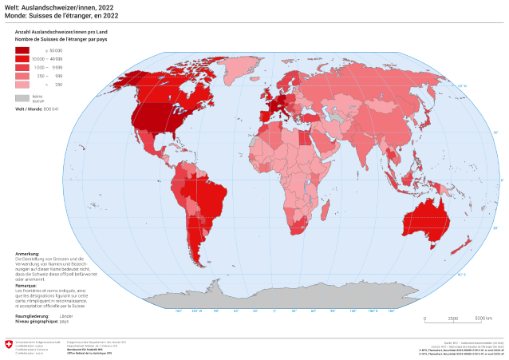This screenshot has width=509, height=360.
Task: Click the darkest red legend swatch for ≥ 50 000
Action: point(22,50)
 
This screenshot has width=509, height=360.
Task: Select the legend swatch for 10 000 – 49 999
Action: point(22,59)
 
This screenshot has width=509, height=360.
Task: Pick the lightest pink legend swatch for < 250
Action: point(22,84)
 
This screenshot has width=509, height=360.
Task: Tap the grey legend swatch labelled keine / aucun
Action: point(22,97)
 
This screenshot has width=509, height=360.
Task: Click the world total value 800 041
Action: point(53,107)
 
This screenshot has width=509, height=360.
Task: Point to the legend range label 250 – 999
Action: point(54,76)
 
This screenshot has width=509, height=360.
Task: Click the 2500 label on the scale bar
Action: point(453,318)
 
